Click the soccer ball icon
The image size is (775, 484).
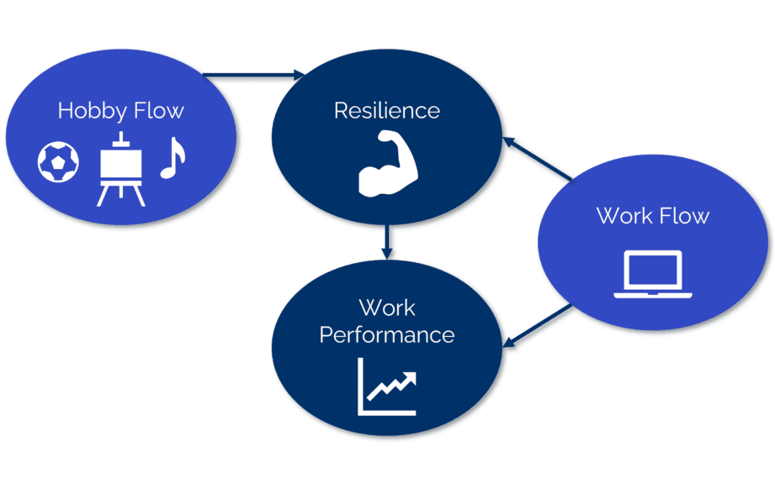[x=58, y=161]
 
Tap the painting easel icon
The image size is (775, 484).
[x=119, y=168]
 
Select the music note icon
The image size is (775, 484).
[x=172, y=157]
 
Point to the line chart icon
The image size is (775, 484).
[x=387, y=387]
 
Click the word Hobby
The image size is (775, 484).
[x=91, y=111]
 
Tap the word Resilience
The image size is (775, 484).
[x=386, y=110]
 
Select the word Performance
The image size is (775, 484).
[x=387, y=334]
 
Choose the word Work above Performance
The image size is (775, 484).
[x=387, y=308]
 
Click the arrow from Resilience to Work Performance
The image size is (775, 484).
[x=386, y=240]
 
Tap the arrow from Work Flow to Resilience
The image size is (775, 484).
[x=538, y=159]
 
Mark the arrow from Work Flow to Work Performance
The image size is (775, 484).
[x=538, y=326]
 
